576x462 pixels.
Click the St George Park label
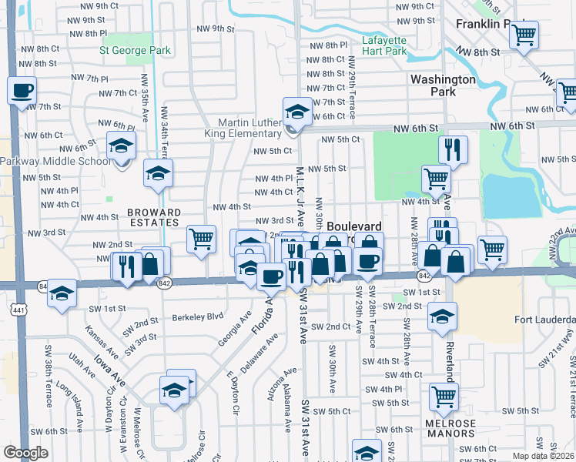point(136,52)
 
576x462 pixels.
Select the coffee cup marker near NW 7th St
point(22,91)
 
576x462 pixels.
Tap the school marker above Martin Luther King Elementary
point(297,112)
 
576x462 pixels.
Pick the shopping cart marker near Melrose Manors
point(444,396)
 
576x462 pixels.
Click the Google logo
point(25,453)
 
